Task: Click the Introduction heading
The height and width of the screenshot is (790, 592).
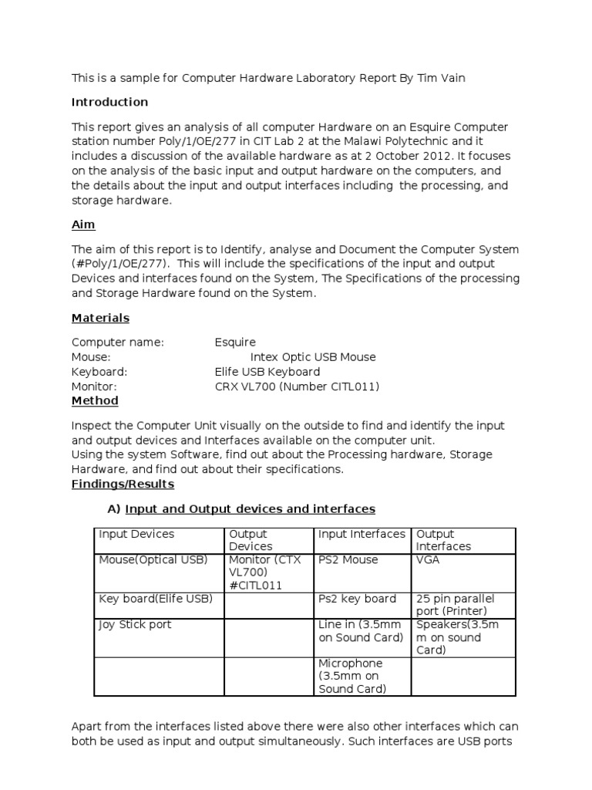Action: pos(109,102)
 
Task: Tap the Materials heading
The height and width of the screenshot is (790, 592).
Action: pos(100,318)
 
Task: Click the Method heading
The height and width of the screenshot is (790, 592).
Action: pos(95,400)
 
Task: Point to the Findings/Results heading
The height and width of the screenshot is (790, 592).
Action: pos(123,484)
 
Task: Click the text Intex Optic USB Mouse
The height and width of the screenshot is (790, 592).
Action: pos(313,356)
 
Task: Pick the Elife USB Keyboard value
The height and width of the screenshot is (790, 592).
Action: pos(267,371)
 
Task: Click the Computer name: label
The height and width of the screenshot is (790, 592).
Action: pos(118,342)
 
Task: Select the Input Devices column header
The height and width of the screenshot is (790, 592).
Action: pos(136,534)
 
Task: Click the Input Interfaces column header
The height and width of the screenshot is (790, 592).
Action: pos(362,534)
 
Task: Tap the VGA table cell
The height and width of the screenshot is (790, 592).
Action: pos(428,560)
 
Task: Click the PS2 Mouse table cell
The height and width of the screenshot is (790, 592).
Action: pos(348,560)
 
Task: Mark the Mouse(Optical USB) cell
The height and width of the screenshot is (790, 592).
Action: pos(153,560)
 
